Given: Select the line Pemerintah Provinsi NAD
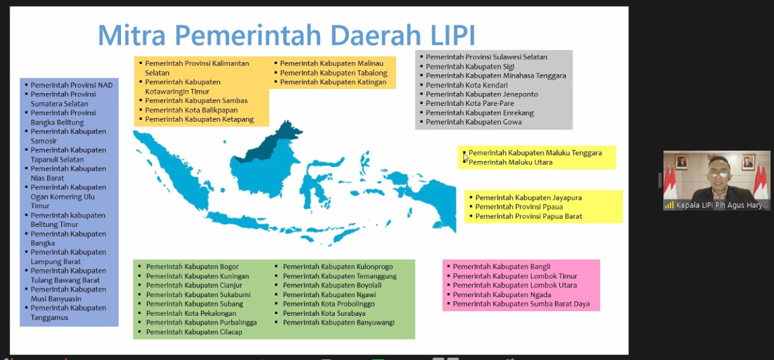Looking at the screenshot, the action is click(x=71, y=85).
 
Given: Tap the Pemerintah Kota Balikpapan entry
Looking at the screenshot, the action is click(x=191, y=110).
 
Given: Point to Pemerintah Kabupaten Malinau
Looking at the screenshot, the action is click(x=331, y=64).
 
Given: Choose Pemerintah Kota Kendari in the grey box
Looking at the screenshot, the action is click(x=466, y=85).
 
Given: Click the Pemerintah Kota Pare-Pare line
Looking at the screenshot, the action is click(x=470, y=103).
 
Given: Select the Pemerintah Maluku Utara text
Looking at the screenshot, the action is click(x=510, y=162).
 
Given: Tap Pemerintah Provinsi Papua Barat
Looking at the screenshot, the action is click(x=528, y=217).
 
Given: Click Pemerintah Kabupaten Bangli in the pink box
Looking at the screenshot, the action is click(x=501, y=267).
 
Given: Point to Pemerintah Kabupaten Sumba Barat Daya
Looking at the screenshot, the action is click(x=521, y=304).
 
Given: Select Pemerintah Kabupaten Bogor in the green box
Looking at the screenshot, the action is click(x=192, y=267).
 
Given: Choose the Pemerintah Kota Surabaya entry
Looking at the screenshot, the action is click(x=324, y=313).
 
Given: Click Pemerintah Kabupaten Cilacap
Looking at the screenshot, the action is click(x=194, y=332).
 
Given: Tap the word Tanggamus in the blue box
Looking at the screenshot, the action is click(x=50, y=318).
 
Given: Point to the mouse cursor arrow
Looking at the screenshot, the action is click(x=466, y=158).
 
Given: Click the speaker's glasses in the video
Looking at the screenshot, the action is click(x=720, y=173).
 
